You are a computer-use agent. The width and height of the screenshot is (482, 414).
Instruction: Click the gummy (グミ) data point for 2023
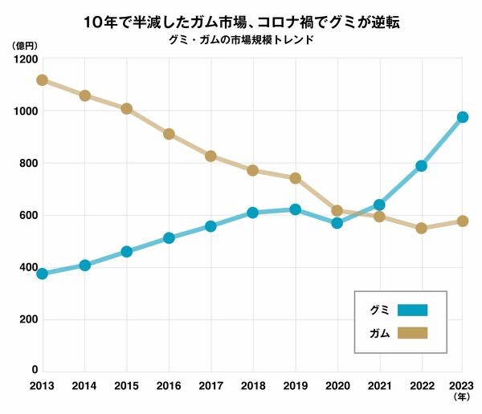463,117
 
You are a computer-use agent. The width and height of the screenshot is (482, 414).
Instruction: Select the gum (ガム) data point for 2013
42,80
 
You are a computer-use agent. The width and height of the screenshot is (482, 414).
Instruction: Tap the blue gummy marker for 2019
295,209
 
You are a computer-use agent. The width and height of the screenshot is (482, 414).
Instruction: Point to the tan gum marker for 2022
421,228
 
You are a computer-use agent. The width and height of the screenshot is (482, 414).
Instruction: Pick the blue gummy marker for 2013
42,274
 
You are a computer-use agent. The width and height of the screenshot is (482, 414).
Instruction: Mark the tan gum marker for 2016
169,134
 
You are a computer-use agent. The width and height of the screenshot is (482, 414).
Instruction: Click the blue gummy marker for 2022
421,166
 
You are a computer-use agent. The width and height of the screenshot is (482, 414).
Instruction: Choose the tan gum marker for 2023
463,221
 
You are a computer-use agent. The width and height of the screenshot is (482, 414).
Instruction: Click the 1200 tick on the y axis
25,59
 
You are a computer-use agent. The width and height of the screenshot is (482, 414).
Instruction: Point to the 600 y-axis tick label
27,215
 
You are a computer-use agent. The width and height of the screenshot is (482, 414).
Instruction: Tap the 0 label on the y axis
35,370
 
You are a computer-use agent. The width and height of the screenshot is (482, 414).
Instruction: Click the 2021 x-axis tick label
378,386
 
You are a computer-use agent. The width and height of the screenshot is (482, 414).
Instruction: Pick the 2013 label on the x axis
42,386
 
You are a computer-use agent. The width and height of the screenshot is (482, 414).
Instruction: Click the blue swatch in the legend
411,310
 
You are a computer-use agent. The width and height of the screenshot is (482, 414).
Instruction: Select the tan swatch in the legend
411,333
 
